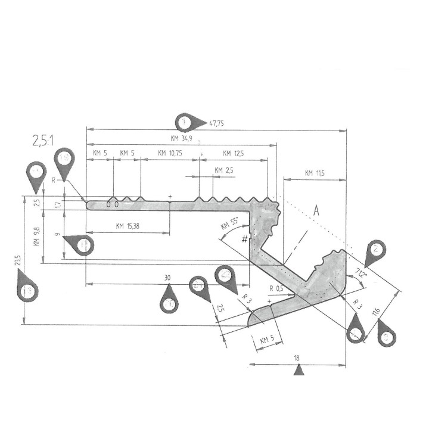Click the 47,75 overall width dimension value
pyautogui.click(x=215, y=123)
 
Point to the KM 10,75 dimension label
pyautogui.click(x=170, y=153)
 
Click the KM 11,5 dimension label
pyautogui.click(x=314, y=173)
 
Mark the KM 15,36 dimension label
pyautogui.click(x=129, y=226)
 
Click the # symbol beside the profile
pyautogui.click(x=244, y=239)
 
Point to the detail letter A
pyautogui.click(x=317, y=211)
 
